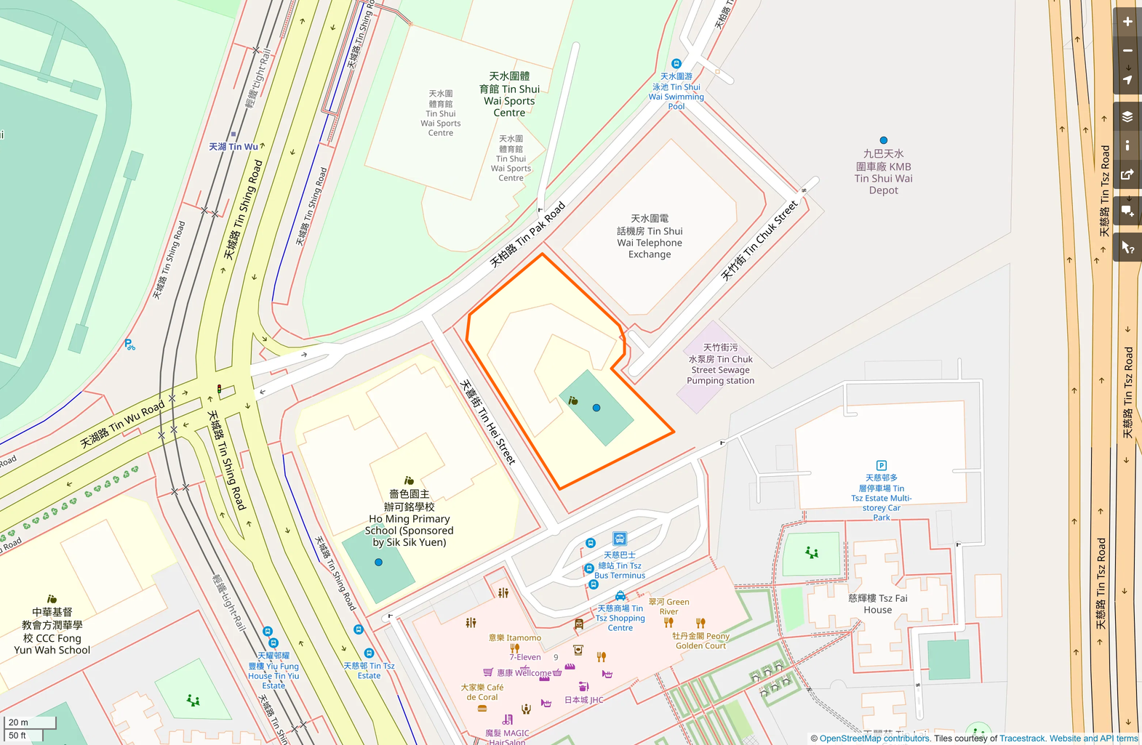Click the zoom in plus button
(x=1127, y=22)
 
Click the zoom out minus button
(x=1127, y=51)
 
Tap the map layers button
(x=1127, y=117)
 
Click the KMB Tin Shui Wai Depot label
(x=883, y=172)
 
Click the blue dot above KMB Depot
(x=883, y=140)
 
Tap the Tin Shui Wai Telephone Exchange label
(x=650, y=236)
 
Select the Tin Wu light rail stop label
(x=233, y=146)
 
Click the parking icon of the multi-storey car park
(x=882, y=465)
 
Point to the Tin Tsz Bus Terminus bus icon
(x=620, y=539)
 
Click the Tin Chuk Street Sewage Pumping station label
(x=720, y=364)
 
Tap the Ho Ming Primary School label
(x=409, y=518)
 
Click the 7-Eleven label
(x=524, y=657)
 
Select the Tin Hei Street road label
(x=488, y=422)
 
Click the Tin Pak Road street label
(x=527, y=235)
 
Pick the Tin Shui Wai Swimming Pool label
(x=676, y=91)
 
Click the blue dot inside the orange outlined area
(x=596, y=408)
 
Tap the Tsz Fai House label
(x=877, y=604)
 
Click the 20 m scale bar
(x=30, y=722)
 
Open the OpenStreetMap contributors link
(x=874, y=738)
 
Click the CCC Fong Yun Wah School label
(x=52, y=632)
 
